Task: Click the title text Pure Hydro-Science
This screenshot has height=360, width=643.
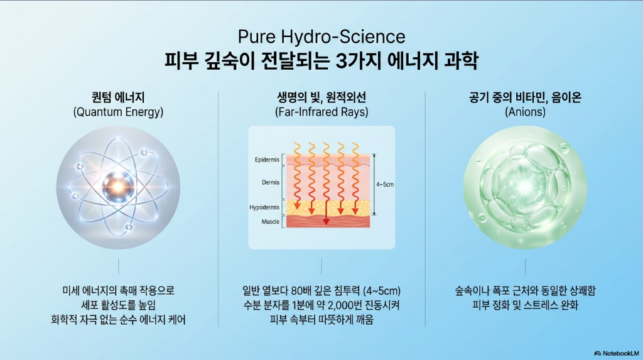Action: tap(321, 36)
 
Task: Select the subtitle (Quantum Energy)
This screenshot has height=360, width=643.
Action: tap(118, 112)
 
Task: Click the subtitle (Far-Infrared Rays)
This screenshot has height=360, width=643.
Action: tap(321, 112)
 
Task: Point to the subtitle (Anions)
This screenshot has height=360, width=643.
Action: tap(525, 112)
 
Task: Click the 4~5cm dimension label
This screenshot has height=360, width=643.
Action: tap(385, 185)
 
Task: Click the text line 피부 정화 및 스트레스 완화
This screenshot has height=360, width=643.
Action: tap(525, 306)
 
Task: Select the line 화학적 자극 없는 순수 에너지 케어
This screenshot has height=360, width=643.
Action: tap(118, 320)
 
